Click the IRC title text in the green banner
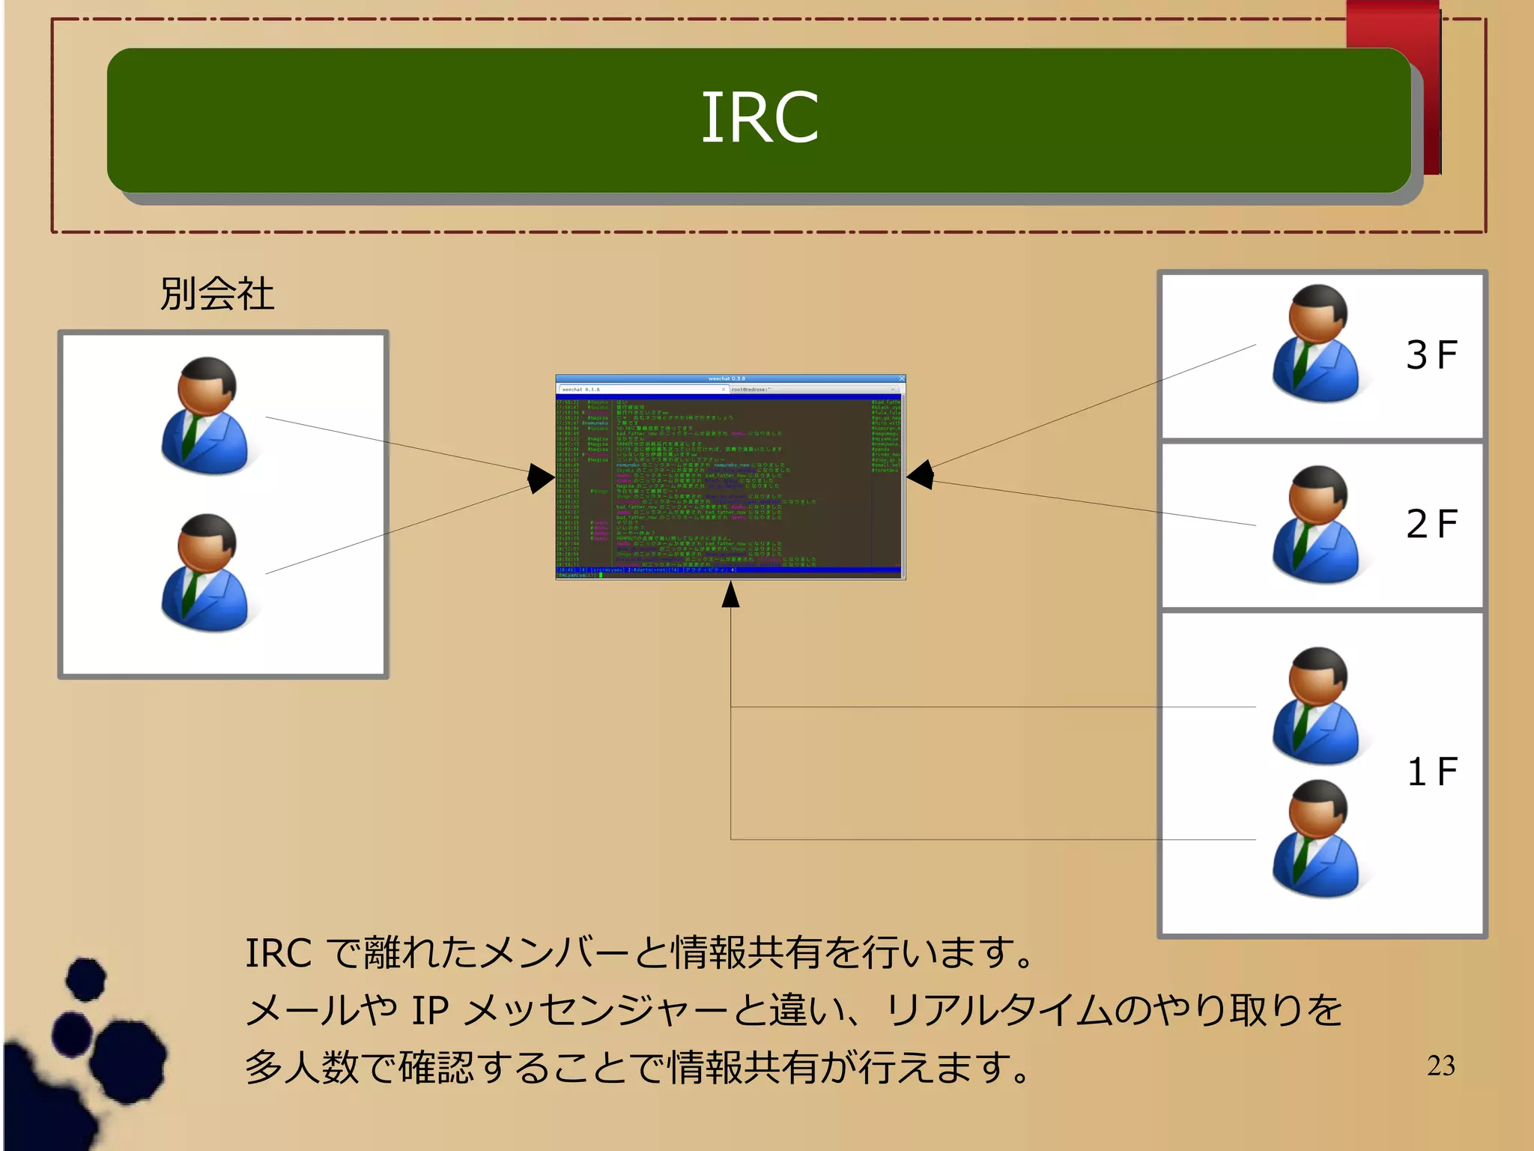pos(760,118)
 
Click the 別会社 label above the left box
pos(216,293)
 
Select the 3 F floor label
pos(1431,355)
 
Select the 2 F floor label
pos(1431,524)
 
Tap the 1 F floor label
pos(1431,772)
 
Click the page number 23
pos(1440,1066)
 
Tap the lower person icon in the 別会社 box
pos(206,573)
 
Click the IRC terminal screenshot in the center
pos(730,477)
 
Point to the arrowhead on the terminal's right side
pos(921,474)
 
